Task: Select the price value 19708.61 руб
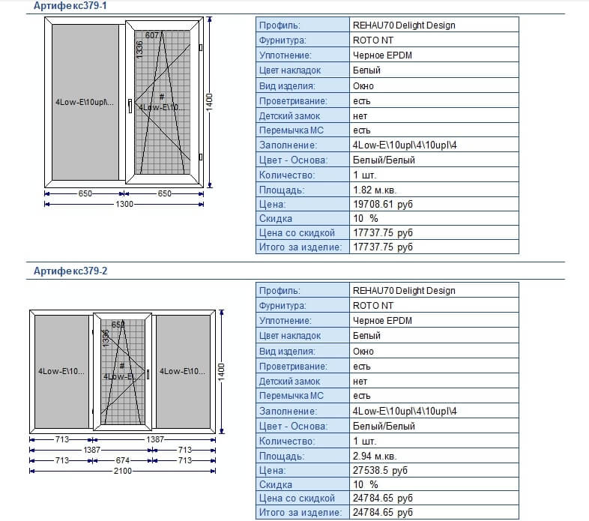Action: pyautogui.click(x=382, y=204)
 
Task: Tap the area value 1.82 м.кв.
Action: pyautogui.click(x=376, y=190)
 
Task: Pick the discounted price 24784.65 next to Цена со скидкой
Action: pyautogui.click(x=382, y=498)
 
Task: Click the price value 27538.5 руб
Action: pyautogui.click(x=380, y=470)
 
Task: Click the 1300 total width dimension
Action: pyautogui.click(x=124, y=204)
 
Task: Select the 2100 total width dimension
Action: pyautogui.click(x=122, y=471)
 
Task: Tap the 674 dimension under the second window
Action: pyautogui.click(x=124, y=460)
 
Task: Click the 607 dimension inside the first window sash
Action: pyautogui.click(x=151, y=35)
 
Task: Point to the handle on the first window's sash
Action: pyautogui.click(x=130, y=106)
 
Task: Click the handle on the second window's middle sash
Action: pyautogui.click(x=148, y=373)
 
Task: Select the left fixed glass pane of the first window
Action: pyautogui.click(x=84, y=103)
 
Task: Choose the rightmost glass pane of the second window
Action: pyautogui.click(x=182, y=370)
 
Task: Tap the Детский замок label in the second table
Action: pyautogui.click(x=289, y=381)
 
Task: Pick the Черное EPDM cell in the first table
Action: pyautogui.click(x=382, y=55)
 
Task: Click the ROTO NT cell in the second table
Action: pyautogui.click(x=372, y=306)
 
